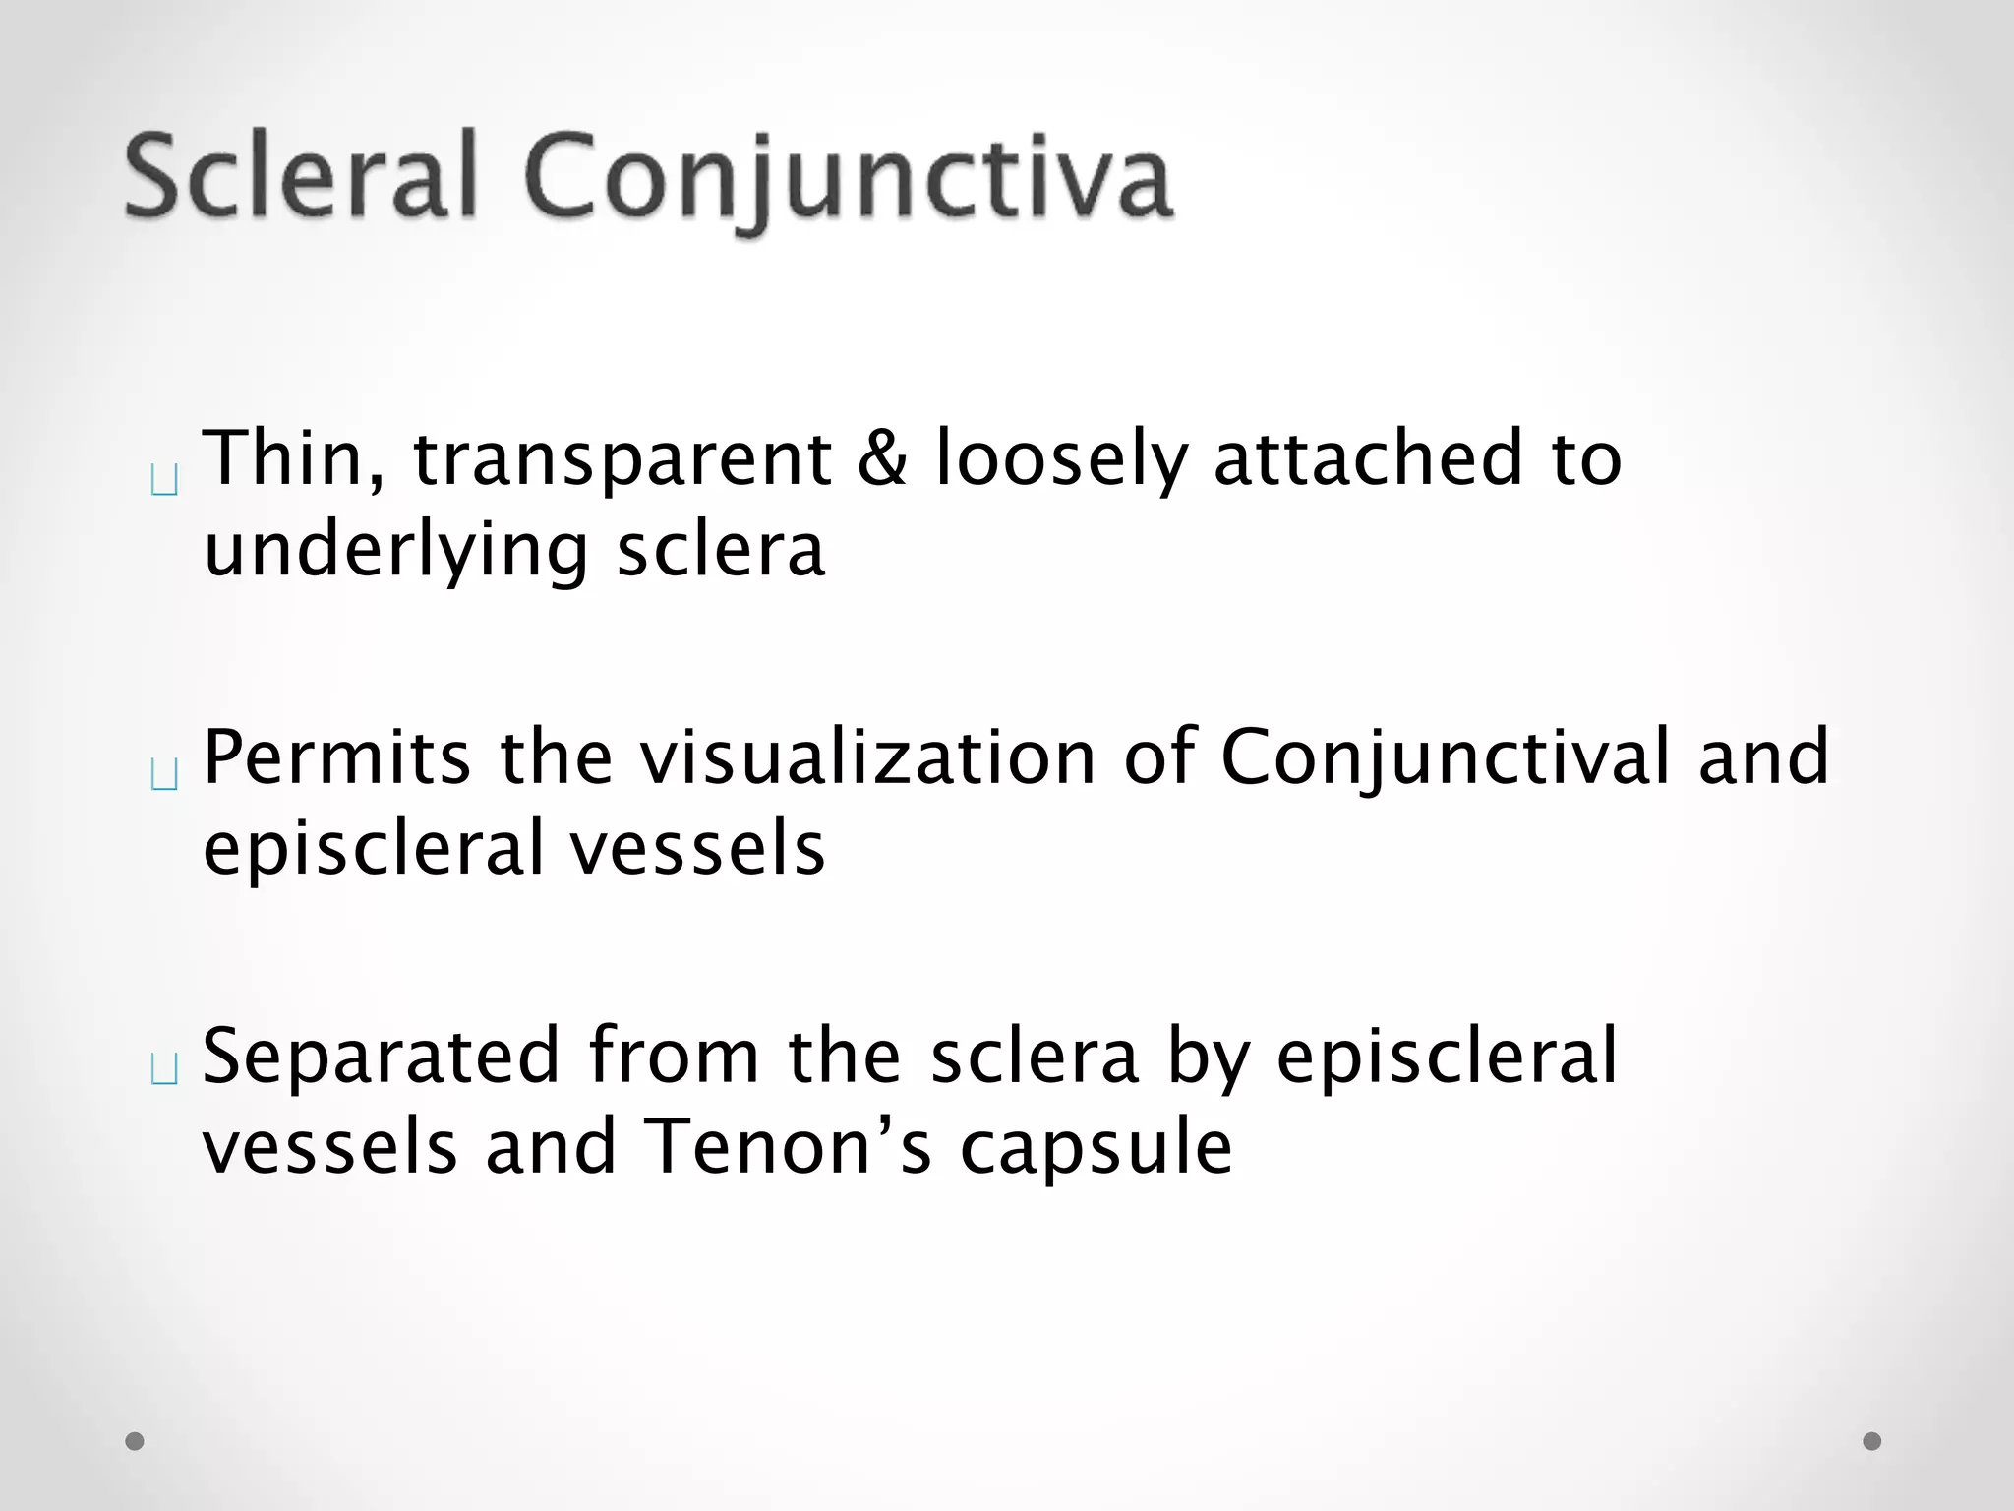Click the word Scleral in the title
301,177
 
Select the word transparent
622,460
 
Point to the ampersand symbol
882,458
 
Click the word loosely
1062,460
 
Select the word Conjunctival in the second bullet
1446,759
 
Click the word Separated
382,1057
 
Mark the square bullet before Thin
165,481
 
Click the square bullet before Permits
165,776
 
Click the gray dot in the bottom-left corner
135,1441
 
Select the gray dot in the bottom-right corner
1872,1441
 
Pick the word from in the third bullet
675,1057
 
